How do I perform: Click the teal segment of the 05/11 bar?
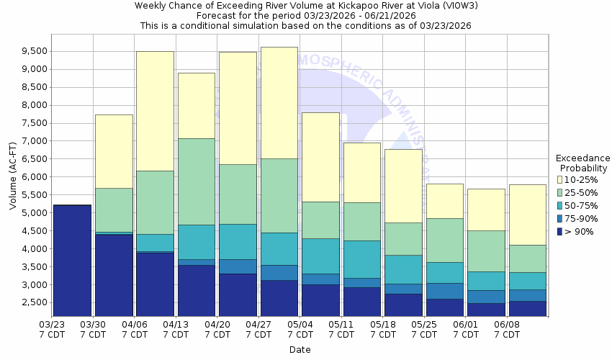point(361,259)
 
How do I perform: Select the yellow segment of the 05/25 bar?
point(444,201)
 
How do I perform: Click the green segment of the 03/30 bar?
point(114,210)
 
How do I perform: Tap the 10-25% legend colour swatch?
point(561,179)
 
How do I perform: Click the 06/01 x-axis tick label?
point(465,330)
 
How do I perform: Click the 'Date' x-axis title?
point(300,350)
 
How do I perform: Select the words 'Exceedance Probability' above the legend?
point(583,163)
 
